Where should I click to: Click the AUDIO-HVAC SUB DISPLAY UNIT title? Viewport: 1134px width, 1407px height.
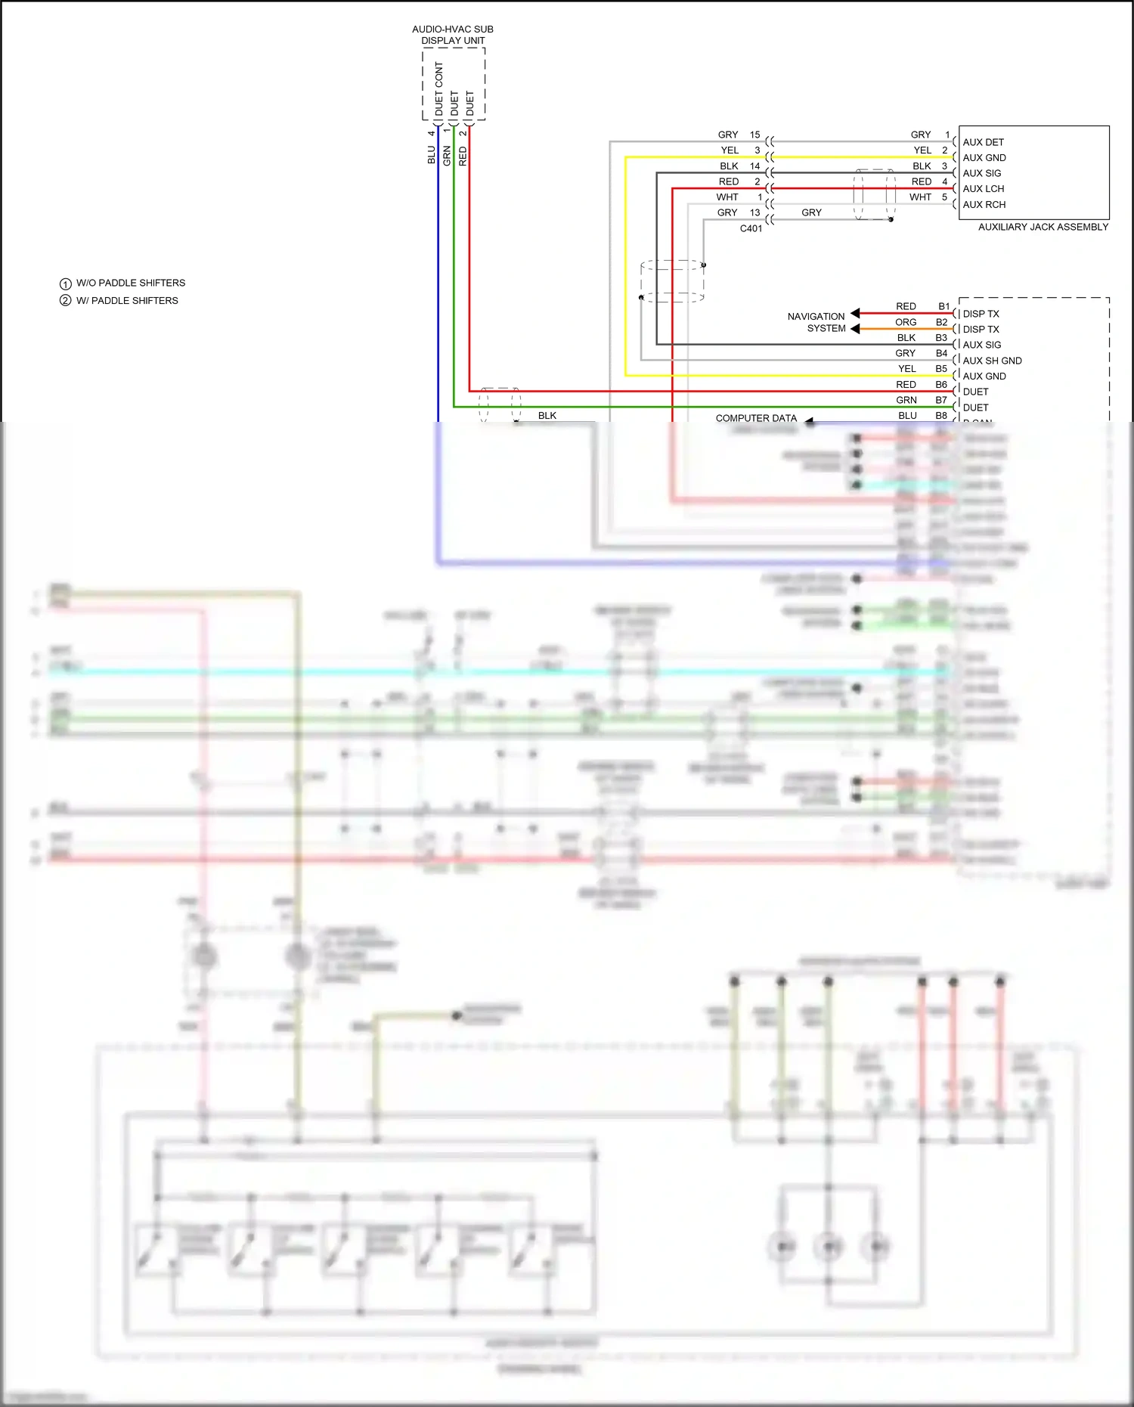(x=453, y=35)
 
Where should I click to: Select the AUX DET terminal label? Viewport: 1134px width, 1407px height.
(x=983, y=142)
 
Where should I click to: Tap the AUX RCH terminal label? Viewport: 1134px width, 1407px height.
(x=984, y=204)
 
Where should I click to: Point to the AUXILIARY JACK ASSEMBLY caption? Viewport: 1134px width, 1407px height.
(x=1043, y=227)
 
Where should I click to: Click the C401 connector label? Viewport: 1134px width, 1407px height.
(x=751, y=228)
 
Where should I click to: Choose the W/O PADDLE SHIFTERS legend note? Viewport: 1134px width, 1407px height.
(x=130, y=283)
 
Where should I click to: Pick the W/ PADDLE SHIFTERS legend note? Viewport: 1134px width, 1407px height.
(x=127, y=300)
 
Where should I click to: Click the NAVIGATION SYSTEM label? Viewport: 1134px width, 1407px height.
(x=816, y=322)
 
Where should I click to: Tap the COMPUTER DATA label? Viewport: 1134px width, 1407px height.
(x=756, y=418)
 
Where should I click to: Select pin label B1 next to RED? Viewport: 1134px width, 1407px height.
(x=943, y=306)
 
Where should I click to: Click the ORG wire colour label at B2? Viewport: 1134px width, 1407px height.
(x=906, y=322)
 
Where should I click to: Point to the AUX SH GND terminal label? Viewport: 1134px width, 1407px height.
(x=992, y=361)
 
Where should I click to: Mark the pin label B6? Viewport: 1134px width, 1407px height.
(x=941, y=384)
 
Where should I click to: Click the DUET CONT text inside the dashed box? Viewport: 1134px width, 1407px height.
(x=439, y=89)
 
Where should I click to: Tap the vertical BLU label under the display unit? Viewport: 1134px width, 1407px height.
(x=431, y=155)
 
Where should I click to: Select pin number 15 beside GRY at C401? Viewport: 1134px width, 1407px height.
(x=754, y=135)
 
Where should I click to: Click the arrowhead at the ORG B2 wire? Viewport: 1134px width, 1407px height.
(x=855, y=329)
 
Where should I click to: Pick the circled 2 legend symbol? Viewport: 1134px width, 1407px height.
(x=66, y=300)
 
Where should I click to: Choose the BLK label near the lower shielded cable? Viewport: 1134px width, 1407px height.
(x=547, y=415)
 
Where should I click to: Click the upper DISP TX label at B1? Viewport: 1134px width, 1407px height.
(x=981, y=314)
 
